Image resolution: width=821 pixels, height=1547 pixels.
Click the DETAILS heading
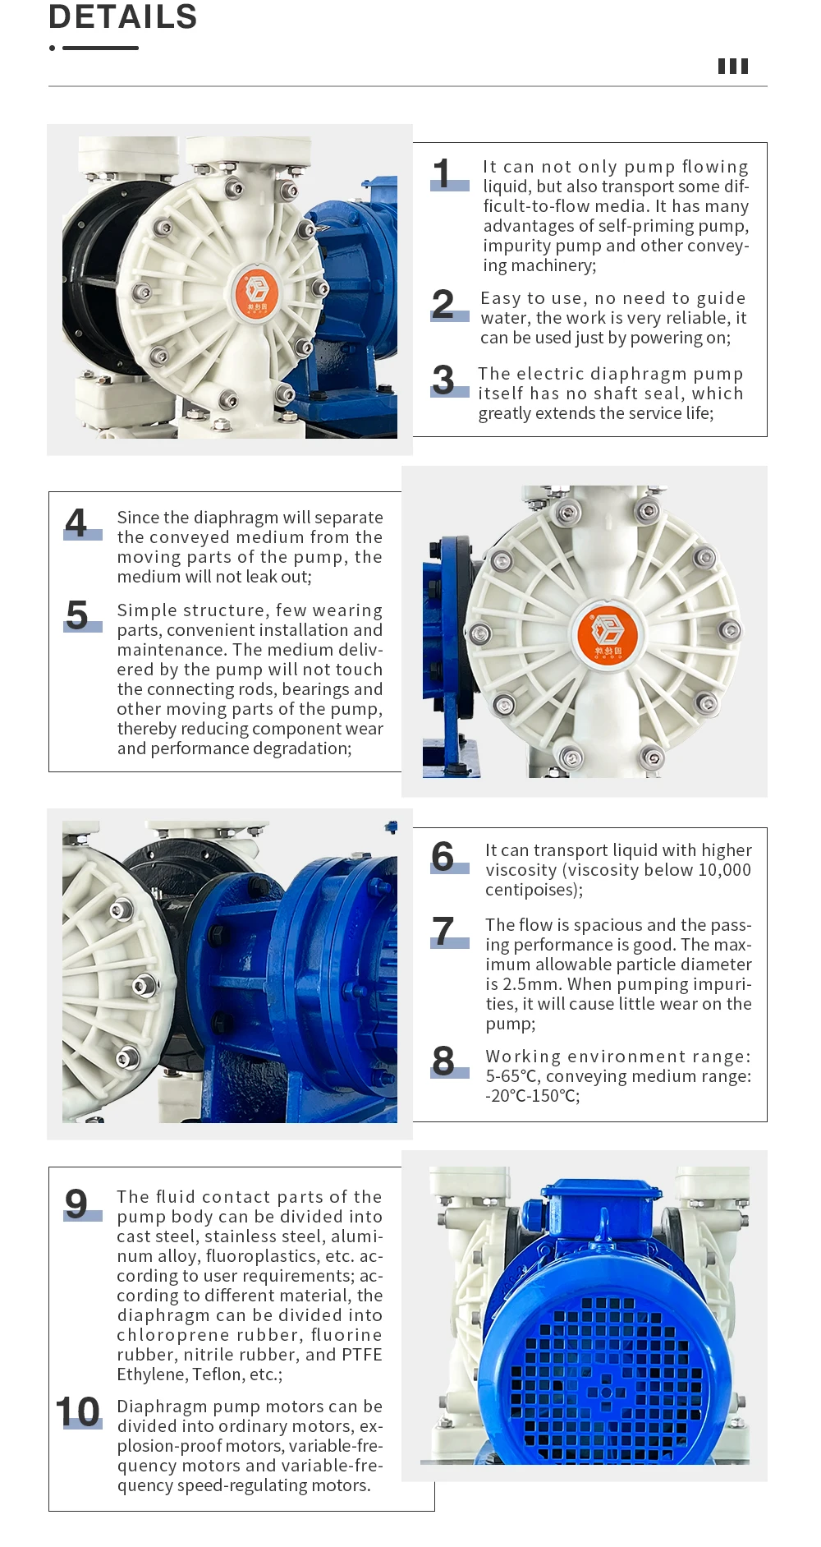coord(123,16)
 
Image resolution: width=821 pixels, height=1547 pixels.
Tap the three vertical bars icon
coord(733,67)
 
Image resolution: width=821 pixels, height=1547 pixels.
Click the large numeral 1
coord(443,174)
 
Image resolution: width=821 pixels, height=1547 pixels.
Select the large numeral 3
coord(443,380)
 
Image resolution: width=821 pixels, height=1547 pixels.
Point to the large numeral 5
coord(77,615)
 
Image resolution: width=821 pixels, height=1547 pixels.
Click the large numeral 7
coord(443,932)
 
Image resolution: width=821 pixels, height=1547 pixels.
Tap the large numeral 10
coord(78,1412)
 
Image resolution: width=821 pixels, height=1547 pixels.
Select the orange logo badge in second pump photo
coord(608,633)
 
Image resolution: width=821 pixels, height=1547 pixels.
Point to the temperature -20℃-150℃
coord(532,1096)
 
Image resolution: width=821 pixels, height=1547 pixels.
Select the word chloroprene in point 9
coord(167,1335)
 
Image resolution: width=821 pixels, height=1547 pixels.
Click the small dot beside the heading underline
coord(53,48)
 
